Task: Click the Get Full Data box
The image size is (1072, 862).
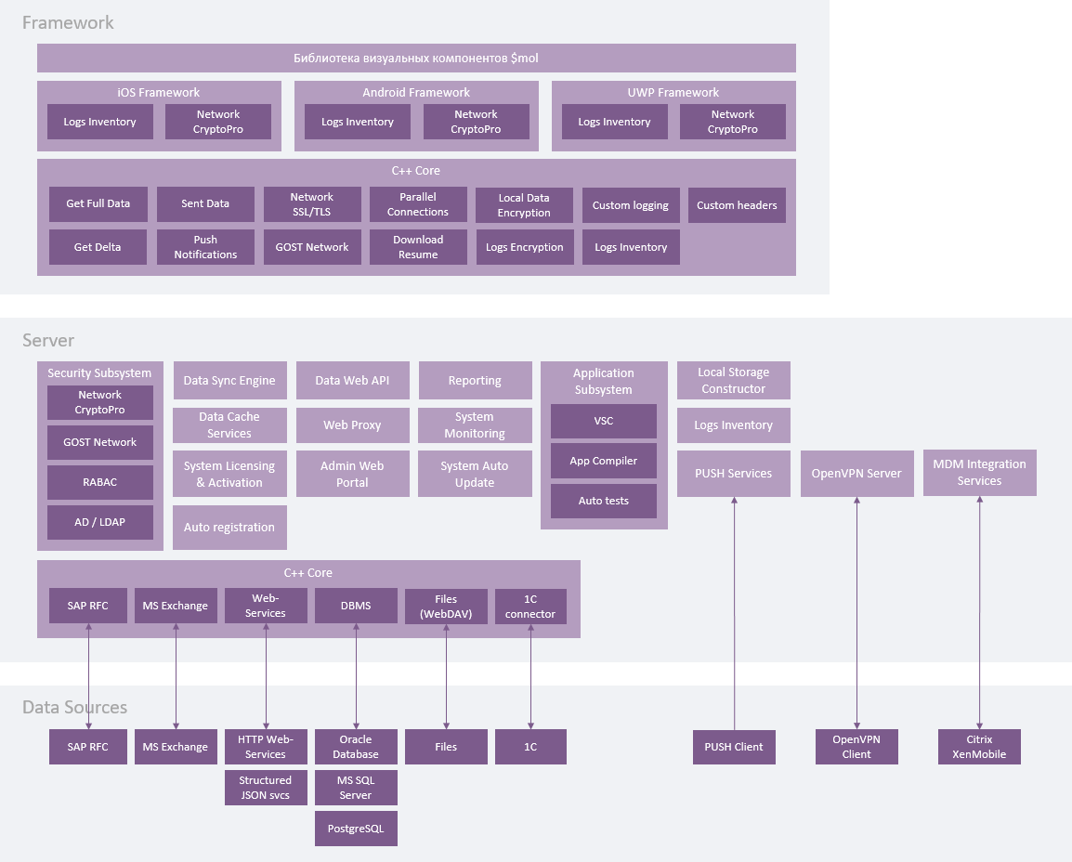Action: pos(98,204)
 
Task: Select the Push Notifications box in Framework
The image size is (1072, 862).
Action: pos(205,247)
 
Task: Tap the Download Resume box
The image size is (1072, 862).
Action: pos(418,247)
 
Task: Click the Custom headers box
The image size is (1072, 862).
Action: pos(737,205)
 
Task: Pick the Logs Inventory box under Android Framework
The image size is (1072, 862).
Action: pos(358,122)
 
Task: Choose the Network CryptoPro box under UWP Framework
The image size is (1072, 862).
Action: pos(733,122)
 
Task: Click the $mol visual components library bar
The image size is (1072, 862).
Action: pos(416,58)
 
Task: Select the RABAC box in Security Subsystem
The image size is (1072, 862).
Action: pos(100,482)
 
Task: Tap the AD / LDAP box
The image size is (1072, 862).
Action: pos(100,522)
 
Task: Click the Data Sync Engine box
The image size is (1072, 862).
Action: pos(229,381)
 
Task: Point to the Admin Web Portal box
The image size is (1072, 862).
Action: pos(352,474)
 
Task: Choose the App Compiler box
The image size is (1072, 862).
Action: pos(604,461)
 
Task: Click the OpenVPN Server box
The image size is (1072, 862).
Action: pos(856,474)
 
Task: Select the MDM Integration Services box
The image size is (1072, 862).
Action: pos(979,473)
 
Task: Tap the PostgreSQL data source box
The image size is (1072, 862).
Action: pos(356,828)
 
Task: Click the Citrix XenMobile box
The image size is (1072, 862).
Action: pos(979,747)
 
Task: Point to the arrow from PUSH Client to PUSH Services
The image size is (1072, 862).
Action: pos(734,613)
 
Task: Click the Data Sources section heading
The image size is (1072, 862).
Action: pos(74,708)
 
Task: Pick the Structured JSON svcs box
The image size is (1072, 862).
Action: pos(266,788)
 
